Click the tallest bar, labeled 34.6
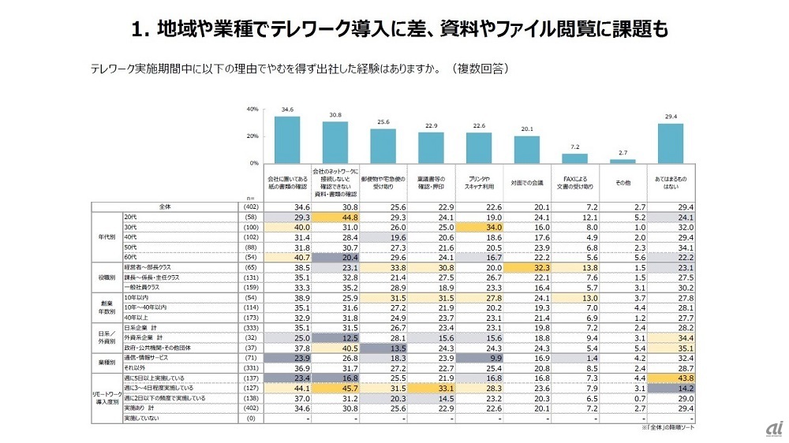[287, 140]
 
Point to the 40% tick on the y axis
[253, 109]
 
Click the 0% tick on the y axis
[255, 163]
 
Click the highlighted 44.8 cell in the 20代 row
[335, 217]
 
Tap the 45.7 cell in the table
[335, 388]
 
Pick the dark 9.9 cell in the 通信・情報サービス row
[479, 356]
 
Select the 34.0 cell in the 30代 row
[479, 227]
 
